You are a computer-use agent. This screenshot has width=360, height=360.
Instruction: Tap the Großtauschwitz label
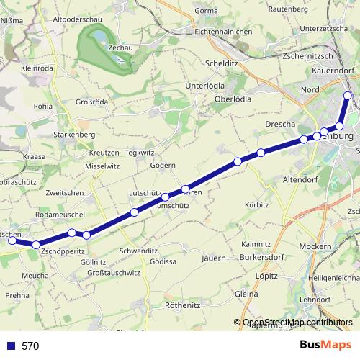[113, 274]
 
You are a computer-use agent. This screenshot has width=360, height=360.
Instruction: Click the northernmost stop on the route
[348, 96]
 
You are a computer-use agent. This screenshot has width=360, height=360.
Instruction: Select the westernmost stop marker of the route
[12, 241]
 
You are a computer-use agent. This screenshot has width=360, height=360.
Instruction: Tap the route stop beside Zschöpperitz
[36, 246]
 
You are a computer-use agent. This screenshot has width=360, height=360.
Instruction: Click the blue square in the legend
[11, 346]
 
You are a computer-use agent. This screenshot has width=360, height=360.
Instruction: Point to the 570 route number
[30, 346]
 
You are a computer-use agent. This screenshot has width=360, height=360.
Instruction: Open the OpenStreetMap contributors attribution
[297, 323]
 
